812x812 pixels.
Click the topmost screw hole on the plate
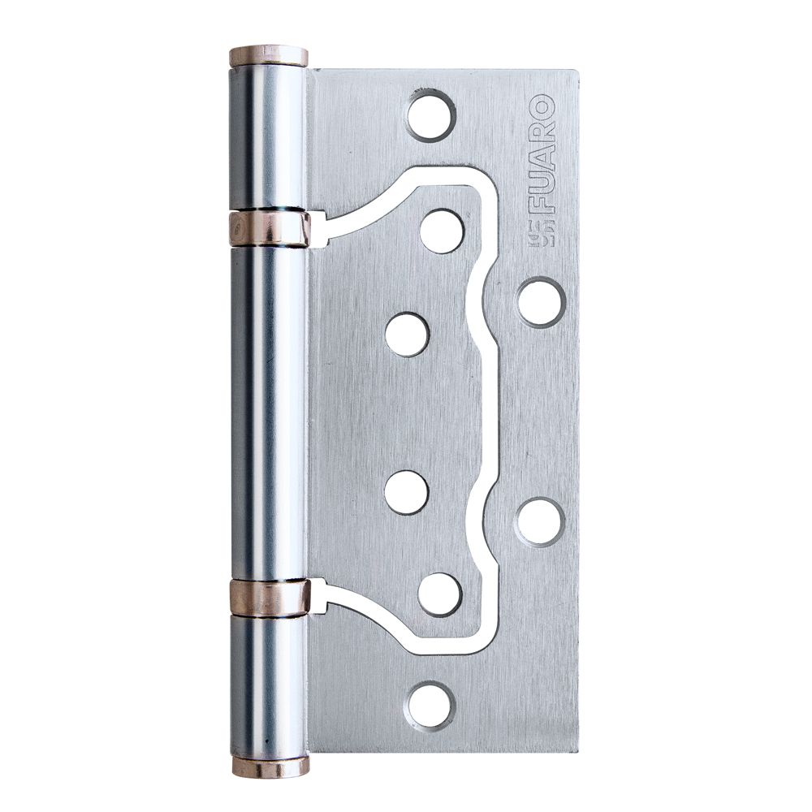pos(430,115)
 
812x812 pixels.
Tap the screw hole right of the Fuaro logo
pos(541,302)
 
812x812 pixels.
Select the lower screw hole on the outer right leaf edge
pos(540,520)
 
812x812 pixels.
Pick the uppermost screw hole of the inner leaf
pos(442,231)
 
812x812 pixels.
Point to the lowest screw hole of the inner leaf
pos(439,594)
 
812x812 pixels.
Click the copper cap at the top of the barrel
pos(268,57)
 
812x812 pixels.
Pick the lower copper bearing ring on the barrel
pos(268,598)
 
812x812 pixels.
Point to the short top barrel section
pos(268,138)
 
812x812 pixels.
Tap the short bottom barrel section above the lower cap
pos(268,686)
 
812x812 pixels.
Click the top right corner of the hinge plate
pos(577,71)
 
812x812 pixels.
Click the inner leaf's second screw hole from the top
pos(406,335)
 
